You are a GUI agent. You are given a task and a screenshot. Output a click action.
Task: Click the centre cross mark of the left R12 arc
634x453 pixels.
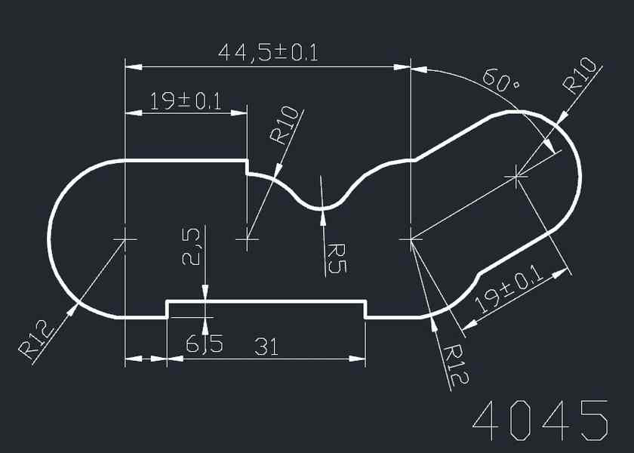click(x=125, y=239)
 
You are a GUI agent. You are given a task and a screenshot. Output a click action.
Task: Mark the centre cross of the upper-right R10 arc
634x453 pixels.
click(x=516, y=177)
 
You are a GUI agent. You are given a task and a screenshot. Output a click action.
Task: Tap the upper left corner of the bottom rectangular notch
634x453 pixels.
click(x=168, y=301)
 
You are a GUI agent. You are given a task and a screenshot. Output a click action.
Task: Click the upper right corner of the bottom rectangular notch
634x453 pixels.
click(x=365, y=301)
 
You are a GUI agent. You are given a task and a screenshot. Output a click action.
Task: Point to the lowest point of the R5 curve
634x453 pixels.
click(x=323, y=209)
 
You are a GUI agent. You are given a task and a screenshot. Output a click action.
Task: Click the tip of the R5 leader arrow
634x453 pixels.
click(x=323, y=211)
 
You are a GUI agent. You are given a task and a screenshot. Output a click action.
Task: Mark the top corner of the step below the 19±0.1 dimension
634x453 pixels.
click(x=247, y=161)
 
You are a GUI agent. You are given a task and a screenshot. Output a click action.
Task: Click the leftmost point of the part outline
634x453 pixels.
click(x=49, y=239)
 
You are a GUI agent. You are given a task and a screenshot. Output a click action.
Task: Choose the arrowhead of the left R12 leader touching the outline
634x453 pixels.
click(x=72, y=310)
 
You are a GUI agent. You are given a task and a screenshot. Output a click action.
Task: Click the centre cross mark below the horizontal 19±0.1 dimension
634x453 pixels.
click(x=247, y=239)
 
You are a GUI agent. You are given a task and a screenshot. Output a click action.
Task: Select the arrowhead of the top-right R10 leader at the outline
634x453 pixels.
click(x=563, y=117)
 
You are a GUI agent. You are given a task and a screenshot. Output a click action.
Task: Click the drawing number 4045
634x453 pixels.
click(x=540, y=421)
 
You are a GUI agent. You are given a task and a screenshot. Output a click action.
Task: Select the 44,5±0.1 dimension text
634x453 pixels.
click(x=268, y=53)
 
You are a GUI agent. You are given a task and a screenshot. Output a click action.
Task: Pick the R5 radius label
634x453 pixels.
click(x=336, y=258)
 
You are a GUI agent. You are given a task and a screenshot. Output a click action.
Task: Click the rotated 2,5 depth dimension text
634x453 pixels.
click(x=191, y=247)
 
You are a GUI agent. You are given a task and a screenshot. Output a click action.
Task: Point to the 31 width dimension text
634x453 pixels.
click(x=266, y=347)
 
